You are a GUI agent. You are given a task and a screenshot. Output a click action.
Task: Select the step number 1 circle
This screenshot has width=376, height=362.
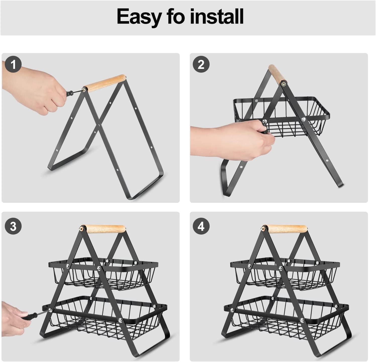click(13, 65)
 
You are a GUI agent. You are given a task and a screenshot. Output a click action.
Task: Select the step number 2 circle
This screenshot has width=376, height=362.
click(201, 65)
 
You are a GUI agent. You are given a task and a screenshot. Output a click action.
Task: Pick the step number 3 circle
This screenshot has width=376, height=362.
click(13, 227)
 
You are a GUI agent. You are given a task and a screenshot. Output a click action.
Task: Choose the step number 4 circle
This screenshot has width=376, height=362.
click(201, 227)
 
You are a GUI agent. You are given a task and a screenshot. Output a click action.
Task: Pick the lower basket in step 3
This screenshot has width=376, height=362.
click(104, 319)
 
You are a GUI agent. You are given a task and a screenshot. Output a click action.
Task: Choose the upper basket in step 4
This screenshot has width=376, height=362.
click(285, 274)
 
